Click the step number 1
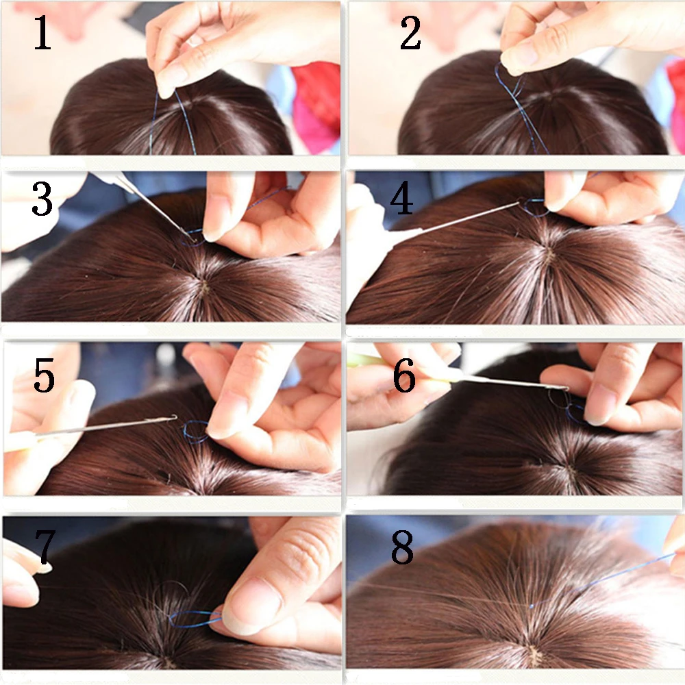point(42,32)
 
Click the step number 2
point(410,32)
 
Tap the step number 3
point(42,199)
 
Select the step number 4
point(401,199)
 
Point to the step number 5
point(44,375)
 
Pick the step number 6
point(404,375)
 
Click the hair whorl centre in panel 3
point(203,286)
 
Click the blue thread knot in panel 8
point(532,606)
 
